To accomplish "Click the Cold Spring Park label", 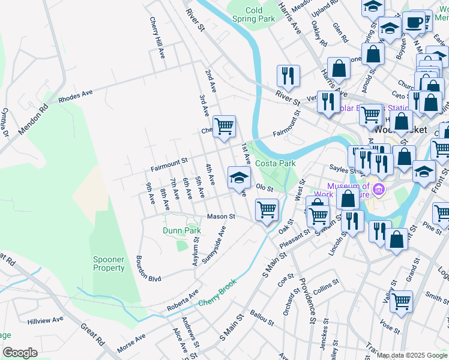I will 253,14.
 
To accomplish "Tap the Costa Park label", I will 276,163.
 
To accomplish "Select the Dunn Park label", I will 181,230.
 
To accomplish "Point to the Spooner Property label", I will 109,263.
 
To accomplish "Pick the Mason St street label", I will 220,216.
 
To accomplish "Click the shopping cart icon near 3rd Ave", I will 224,127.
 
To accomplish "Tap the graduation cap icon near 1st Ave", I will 238,177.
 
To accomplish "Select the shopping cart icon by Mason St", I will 266,210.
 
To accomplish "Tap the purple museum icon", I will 378,191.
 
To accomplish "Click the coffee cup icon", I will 414,23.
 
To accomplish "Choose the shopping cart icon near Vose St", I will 401,301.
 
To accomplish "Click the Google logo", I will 20,353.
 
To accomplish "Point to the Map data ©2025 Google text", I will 412,355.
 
